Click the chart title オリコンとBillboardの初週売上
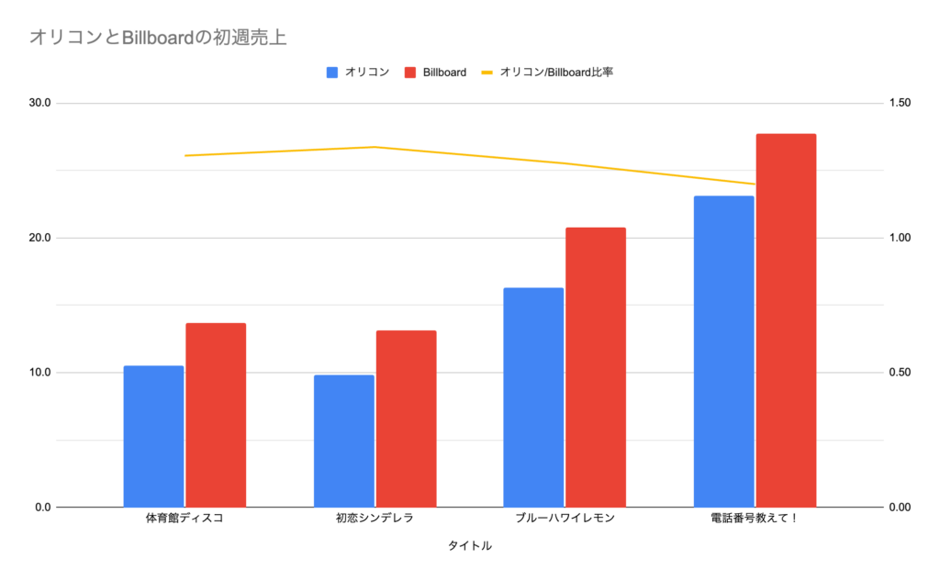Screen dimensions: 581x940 pos(159,37)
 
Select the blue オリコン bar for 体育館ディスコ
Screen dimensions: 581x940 pos(153,436)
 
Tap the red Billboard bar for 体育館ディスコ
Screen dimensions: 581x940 pos(216,415)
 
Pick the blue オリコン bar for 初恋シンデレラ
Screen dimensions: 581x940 pos(344,441)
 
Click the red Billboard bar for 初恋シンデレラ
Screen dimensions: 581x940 pos(406,419)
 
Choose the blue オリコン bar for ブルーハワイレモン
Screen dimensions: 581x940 pos(534,397)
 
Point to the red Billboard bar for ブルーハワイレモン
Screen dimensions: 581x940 pos(596,367)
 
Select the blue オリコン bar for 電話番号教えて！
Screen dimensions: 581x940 pos(724,352)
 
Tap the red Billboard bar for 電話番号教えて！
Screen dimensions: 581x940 pos(786,320)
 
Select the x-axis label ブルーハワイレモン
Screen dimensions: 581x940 pos(565,519)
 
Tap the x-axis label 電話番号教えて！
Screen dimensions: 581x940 pos(755,519)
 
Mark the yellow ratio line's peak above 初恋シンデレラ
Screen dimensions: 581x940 pos(375,147)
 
